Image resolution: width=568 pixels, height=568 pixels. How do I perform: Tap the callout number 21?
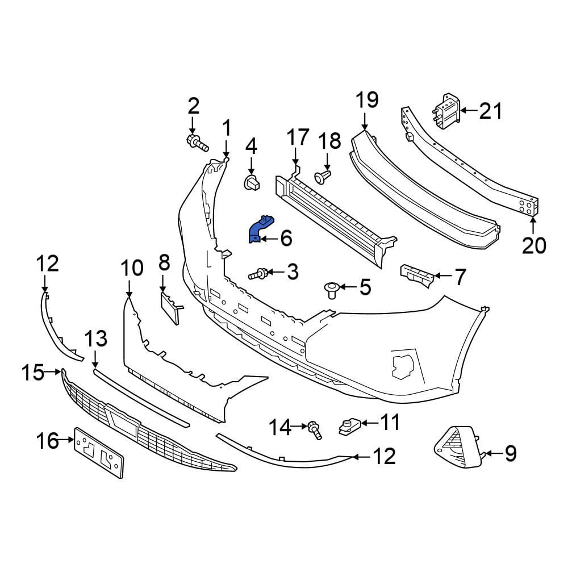click(x=491, y=111)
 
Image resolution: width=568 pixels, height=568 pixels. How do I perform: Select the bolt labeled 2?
click(x=198, y=143)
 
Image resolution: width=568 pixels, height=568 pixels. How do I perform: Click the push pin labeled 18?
click(x=323, y=177)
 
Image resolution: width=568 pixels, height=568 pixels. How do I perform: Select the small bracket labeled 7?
click(x=417, y=275)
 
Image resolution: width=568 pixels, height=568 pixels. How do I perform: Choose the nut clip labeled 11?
click(x=349, y=426)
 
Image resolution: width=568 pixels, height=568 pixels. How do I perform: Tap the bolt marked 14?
click(x=315, y=430)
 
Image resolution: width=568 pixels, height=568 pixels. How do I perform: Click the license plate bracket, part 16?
click(x=98, y=453)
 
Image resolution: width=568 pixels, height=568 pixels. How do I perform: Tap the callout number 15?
click(x=32, y=372)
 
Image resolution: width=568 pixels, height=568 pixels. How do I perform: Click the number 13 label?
click(x=96, y=339)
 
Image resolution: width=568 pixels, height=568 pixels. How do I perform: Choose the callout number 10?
click(x=132, y=269)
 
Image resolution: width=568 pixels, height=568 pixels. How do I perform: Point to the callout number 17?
click(x=298, y=137)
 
